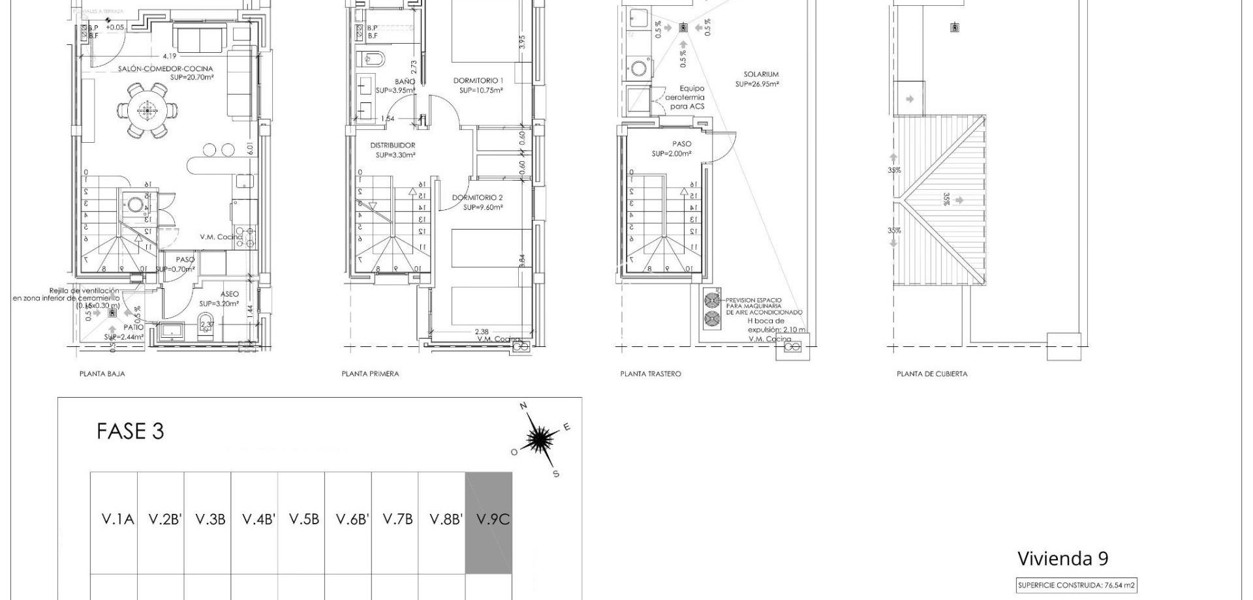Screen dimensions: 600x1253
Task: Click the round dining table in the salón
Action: tap(147, 110)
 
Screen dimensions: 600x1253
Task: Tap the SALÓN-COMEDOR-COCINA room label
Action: tap(166, 68)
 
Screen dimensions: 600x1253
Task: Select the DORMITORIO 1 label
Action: tap(478, 81)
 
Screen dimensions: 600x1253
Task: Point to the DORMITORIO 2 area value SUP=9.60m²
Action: tap(483, 207)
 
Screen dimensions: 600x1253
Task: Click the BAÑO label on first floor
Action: tap(405, 82)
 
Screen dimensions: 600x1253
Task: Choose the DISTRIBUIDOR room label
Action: tap(393, 145)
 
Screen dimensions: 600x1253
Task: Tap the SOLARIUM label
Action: tap(761, 74)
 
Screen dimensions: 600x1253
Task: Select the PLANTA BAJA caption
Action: tap(102, 374)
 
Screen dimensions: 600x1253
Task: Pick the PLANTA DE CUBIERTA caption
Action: tap(932, 374)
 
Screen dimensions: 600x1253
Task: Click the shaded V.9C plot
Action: tap(489, 522)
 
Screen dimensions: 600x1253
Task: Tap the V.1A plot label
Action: tap(117, 519)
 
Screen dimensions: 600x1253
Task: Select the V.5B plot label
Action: tap(304, 519)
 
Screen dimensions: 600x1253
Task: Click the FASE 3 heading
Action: tap(130, 431)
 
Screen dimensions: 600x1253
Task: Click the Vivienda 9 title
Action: tap(1062, 558)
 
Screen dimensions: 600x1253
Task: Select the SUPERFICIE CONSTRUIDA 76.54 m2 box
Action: tap(1077, 586)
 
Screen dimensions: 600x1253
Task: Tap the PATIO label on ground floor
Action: tap(132, 327)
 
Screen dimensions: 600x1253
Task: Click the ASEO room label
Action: tap(230, 294)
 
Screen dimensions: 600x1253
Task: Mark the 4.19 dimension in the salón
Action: tap(170, 56)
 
